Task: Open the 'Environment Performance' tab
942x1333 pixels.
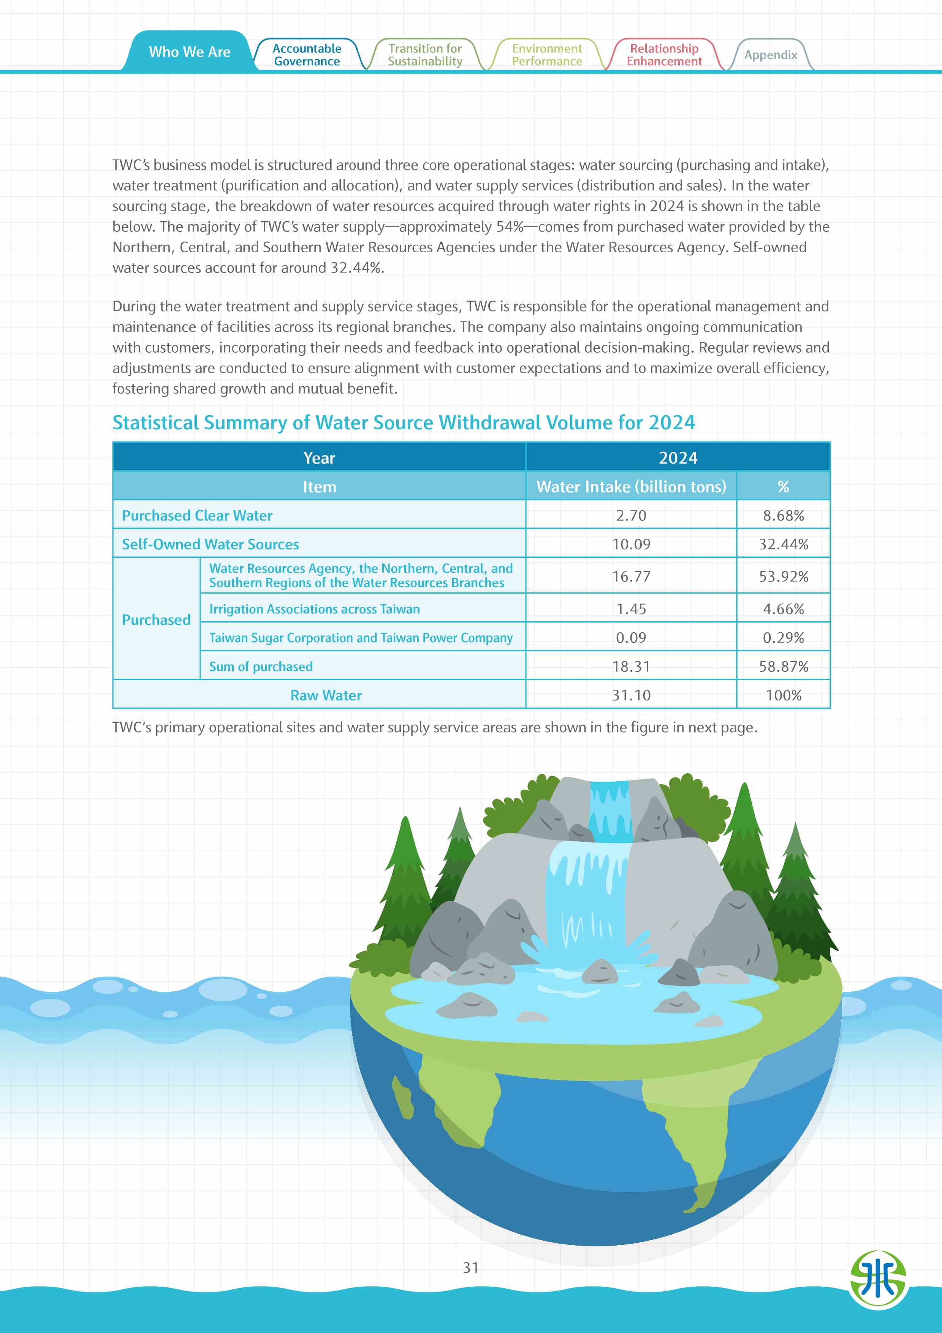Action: coord(547,55)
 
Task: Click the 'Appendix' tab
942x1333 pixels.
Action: coord(770,55)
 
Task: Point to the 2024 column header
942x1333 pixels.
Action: coord(677,458)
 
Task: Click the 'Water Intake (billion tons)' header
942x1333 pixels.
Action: coord(631,486)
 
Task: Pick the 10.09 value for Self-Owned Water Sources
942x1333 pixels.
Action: coord(631,545)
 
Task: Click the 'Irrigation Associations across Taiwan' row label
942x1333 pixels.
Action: coord(314,609)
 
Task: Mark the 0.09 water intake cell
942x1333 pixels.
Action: coord(631,638)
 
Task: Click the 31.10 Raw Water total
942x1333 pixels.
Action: coord(631,695)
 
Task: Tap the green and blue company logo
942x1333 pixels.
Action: coord(877,1279)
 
